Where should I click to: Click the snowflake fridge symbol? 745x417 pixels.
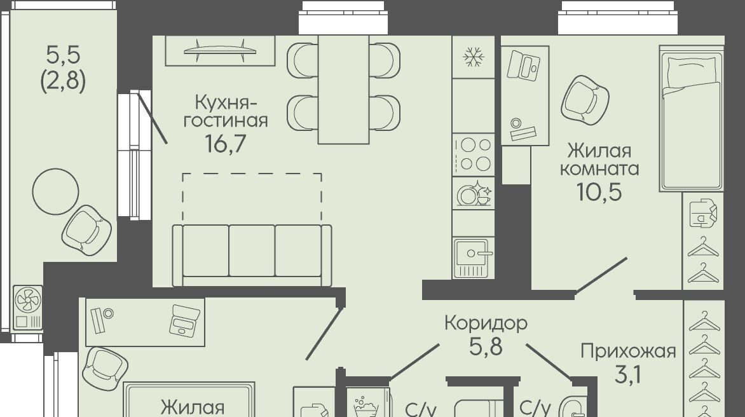point(473,57)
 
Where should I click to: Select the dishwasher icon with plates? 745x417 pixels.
point(474,193)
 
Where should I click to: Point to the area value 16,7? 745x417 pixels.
point(225,143)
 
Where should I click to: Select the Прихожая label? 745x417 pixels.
point(628,352)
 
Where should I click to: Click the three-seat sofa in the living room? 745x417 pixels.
point(252,255)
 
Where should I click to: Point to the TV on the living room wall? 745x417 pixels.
point(220,50)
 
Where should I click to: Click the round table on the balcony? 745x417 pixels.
point(55,191)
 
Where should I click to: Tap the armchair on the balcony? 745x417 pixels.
point(86,230)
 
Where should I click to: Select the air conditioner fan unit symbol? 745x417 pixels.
point(28,307)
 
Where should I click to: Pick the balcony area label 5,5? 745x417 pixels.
point(63,55)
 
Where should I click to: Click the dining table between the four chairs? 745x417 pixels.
point(343,90)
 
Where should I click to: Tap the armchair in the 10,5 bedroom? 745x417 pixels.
point(585,100)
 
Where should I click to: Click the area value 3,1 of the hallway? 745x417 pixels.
point(628,374)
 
